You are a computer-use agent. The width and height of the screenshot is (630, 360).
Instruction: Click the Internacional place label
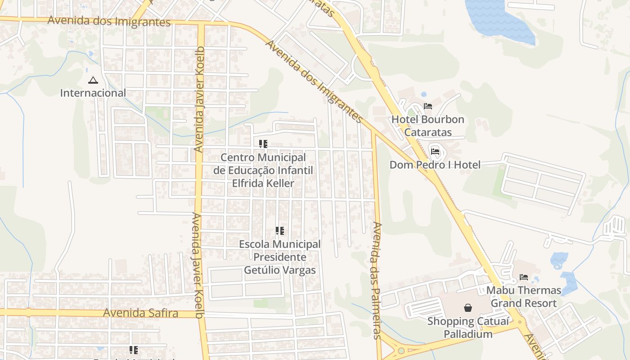tap(93, 93)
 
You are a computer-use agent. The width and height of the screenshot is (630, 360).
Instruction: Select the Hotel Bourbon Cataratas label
tap(427, 126)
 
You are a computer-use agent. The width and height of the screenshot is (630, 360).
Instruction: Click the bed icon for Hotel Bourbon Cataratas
tap(427, 107)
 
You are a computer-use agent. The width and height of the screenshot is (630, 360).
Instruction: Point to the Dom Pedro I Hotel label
tap(435, 165)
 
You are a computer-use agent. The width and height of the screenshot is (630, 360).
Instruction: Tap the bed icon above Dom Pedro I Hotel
tap(435, 152)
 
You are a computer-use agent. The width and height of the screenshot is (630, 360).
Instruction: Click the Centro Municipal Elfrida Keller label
tap(263, 171)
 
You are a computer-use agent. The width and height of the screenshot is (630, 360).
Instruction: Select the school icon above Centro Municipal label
tap(263, 144)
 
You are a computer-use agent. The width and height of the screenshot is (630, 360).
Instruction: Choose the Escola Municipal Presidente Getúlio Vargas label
tap(280, 257)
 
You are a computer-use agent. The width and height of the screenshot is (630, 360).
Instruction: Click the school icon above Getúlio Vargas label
tap(280, 231)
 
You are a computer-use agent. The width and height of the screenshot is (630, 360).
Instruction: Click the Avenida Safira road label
tap(140, 313)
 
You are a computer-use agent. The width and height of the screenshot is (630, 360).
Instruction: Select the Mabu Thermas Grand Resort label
tap(523, 297)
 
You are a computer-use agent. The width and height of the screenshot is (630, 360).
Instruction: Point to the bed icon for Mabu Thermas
tap(523, 277)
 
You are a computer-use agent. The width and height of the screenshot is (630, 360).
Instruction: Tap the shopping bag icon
tap(468, 308)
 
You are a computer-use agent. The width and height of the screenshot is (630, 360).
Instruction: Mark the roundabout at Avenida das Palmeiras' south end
tap(400, 351)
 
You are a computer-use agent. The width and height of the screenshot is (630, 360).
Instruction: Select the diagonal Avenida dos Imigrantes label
tap(314, 81)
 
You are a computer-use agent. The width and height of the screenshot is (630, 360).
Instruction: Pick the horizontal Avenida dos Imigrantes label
tap(109, 21)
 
